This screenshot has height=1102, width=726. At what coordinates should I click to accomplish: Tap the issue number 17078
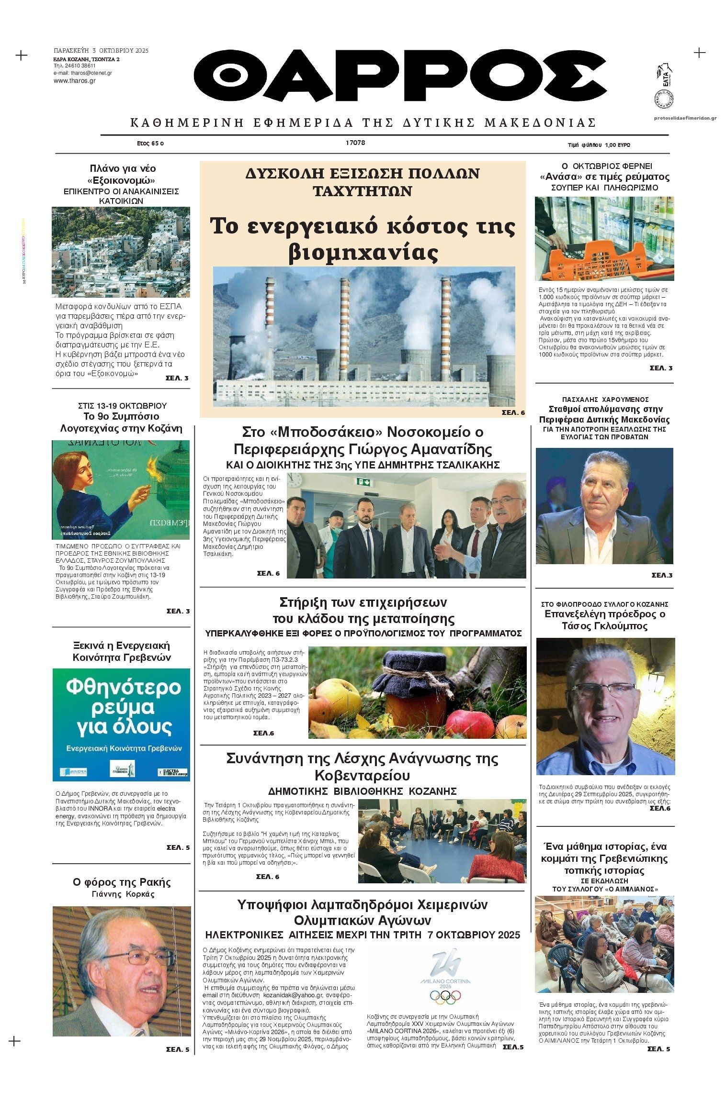355,143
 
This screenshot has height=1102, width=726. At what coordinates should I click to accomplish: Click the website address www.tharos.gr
74,81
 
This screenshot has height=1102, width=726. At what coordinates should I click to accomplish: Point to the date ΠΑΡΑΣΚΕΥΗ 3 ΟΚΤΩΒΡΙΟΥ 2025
101,50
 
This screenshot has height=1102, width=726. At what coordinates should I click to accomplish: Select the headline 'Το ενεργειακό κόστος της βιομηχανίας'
363,239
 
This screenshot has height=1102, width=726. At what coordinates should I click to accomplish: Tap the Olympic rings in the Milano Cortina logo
445,996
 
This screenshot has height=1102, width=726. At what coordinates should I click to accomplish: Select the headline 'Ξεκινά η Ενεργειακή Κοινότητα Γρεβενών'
121,651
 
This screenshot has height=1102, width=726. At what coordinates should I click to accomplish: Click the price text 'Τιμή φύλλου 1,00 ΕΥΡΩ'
599,145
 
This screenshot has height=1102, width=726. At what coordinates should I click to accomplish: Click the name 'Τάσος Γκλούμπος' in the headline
604,626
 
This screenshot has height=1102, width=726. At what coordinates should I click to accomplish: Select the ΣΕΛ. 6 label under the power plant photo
513,412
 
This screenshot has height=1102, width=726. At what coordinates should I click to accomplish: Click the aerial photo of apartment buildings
121,252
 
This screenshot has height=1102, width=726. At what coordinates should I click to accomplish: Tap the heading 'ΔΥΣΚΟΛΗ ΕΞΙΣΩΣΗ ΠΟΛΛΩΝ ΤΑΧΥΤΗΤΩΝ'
363,182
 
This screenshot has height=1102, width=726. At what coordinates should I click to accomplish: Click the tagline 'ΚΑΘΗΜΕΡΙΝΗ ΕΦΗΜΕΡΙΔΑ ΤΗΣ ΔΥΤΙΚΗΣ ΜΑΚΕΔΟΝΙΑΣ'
363,123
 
